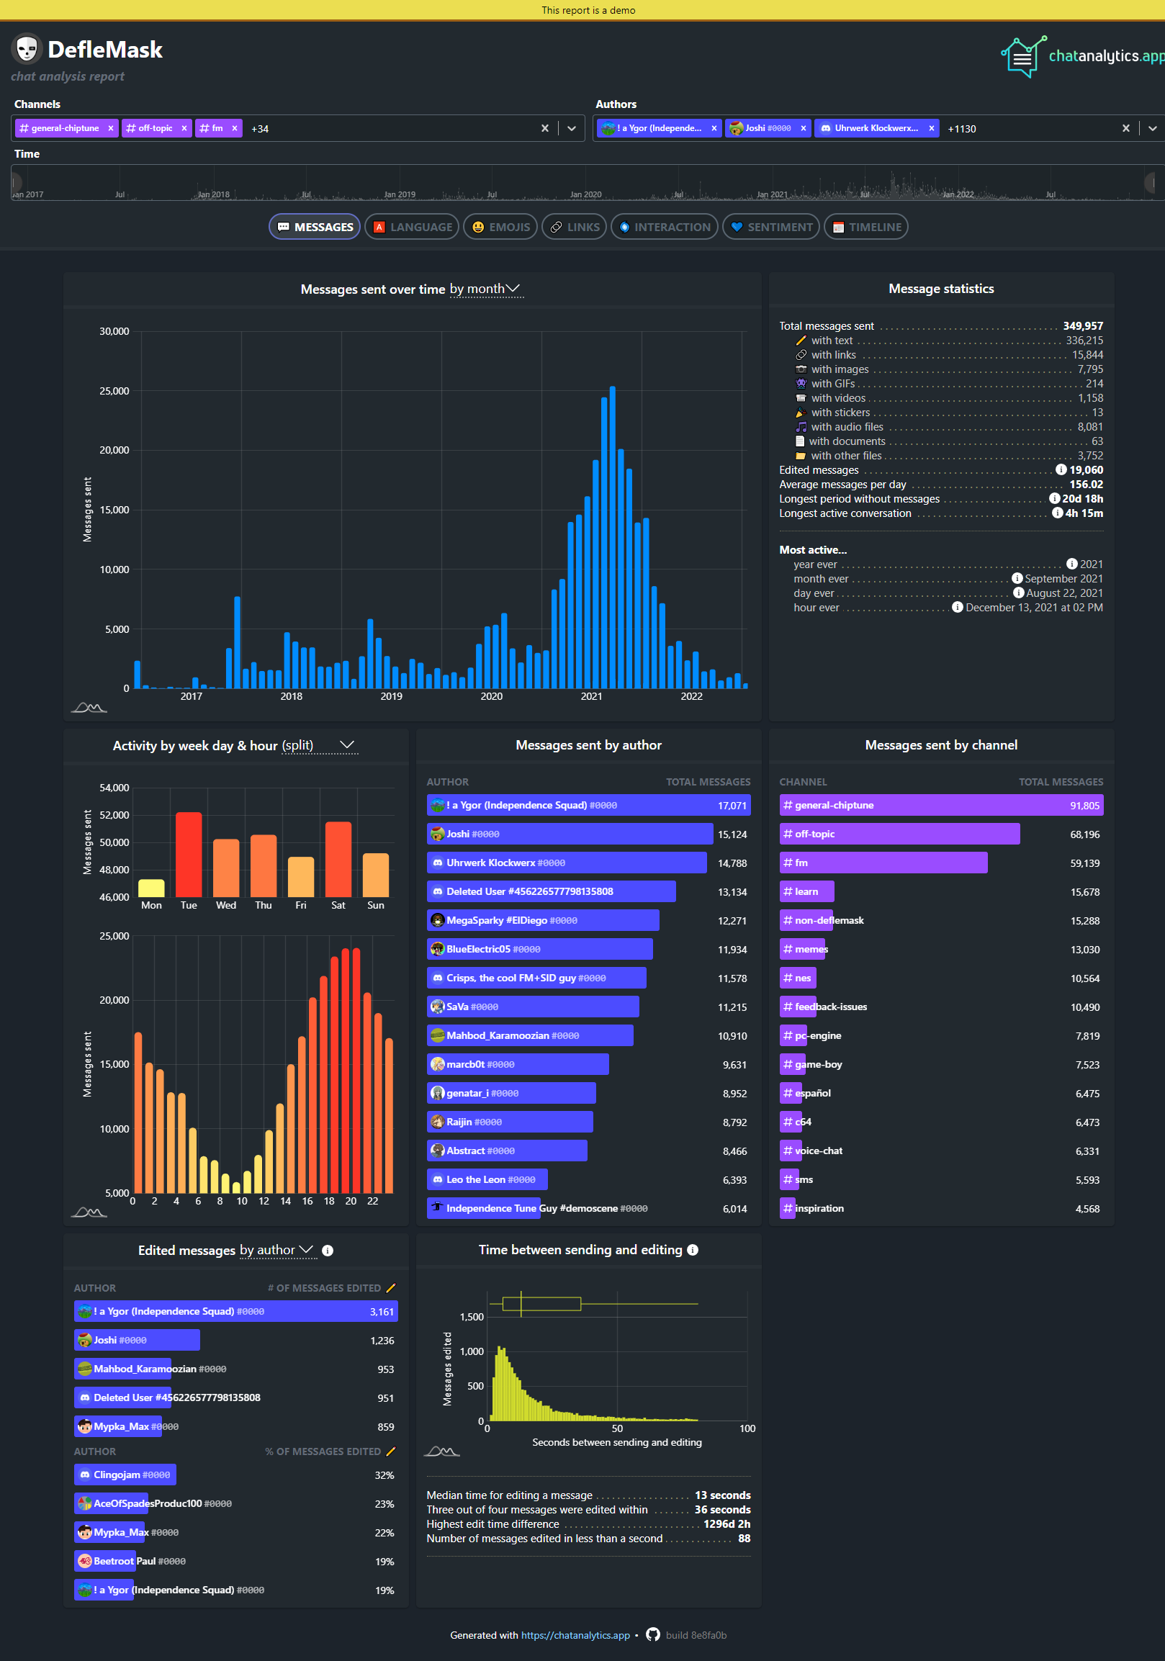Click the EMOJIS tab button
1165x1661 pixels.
pos(500,226)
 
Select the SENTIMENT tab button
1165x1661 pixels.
pos(770,226)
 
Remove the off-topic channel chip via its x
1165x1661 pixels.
pos(184,128)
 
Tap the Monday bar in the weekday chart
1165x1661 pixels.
pos(151,888)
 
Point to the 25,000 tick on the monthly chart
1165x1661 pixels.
pos(114,391)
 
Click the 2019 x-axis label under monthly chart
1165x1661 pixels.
pos(391,696)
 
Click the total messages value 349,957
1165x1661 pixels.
pos(1082,326)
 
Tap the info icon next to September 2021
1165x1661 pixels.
pos(1017,579)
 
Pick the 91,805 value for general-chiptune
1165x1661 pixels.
pos(1084,805)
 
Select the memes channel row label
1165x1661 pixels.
pos(811,949)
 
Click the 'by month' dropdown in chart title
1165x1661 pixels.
pos(485,289)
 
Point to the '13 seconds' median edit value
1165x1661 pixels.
pos(722,1495)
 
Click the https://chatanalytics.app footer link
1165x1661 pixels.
pos(575,1635)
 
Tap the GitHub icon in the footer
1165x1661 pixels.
pos(652,1634)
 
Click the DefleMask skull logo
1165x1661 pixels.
pos(27,49)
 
